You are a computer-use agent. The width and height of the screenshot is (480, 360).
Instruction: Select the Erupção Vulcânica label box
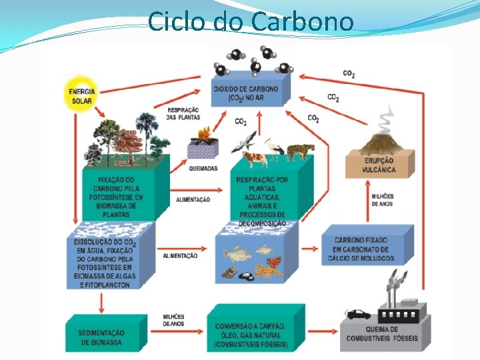coord(379,165)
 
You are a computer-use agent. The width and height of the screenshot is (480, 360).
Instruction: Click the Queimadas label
coord(203,169)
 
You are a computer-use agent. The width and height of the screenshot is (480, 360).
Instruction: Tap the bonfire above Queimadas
coord(202,135)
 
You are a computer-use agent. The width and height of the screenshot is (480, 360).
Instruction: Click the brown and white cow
coord(254,158)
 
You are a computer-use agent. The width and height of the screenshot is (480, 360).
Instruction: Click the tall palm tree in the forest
coord(145,130)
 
